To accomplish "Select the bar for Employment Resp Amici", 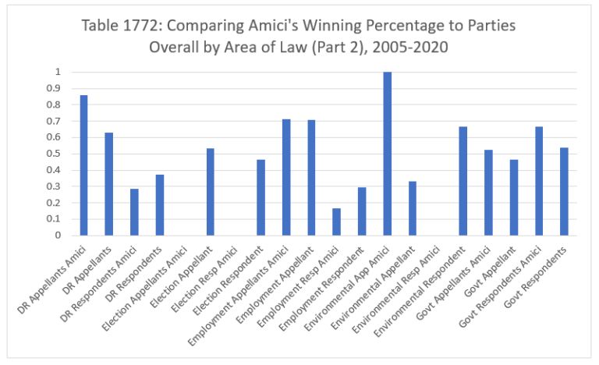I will point(336,221).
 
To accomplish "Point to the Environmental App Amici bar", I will point(387,154).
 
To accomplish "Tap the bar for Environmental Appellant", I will point(413,208).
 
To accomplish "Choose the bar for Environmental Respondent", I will point(463,181).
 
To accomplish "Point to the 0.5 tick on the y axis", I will point(57,154).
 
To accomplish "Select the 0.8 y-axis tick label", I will point(57,105).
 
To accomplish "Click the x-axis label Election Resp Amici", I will point(208,273).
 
